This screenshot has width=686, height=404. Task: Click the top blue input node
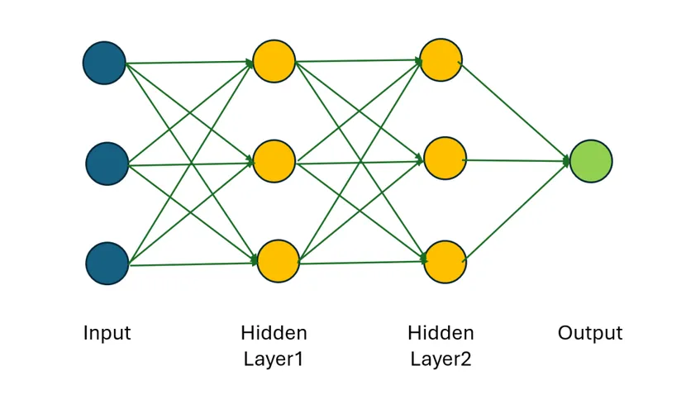click(104, 63)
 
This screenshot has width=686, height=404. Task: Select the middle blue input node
click(107, 164)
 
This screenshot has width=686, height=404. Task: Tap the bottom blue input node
click(107, 264)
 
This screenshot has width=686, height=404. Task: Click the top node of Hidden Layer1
click(274, 61)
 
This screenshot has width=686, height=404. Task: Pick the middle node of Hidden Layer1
click(274, 161)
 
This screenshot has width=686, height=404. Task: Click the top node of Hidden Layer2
click(441, 60)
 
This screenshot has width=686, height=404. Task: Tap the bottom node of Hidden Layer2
click(445, 262)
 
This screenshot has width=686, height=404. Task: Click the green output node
click(591, 161)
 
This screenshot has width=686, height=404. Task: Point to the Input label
click(107, 334)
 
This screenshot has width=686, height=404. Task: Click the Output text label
click(590, 334)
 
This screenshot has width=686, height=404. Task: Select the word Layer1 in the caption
click(274, 359)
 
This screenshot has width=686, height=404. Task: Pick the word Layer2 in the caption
click(441, 359)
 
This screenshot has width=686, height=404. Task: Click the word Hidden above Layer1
click(274, 334)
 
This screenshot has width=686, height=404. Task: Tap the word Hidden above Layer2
click(441, 334)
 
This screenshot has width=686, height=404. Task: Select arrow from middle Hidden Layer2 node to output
click(517, 160)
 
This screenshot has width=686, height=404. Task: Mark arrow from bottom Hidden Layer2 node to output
click(517, 210)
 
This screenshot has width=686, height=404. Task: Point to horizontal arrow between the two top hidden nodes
click(357, 60)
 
